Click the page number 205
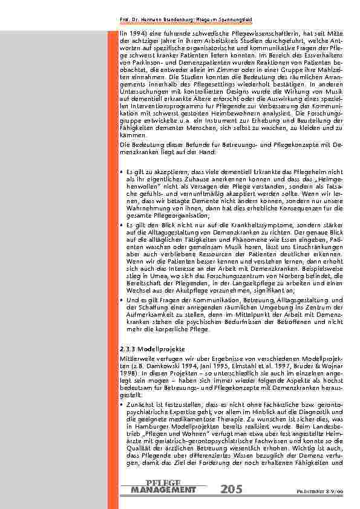point(233,488)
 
